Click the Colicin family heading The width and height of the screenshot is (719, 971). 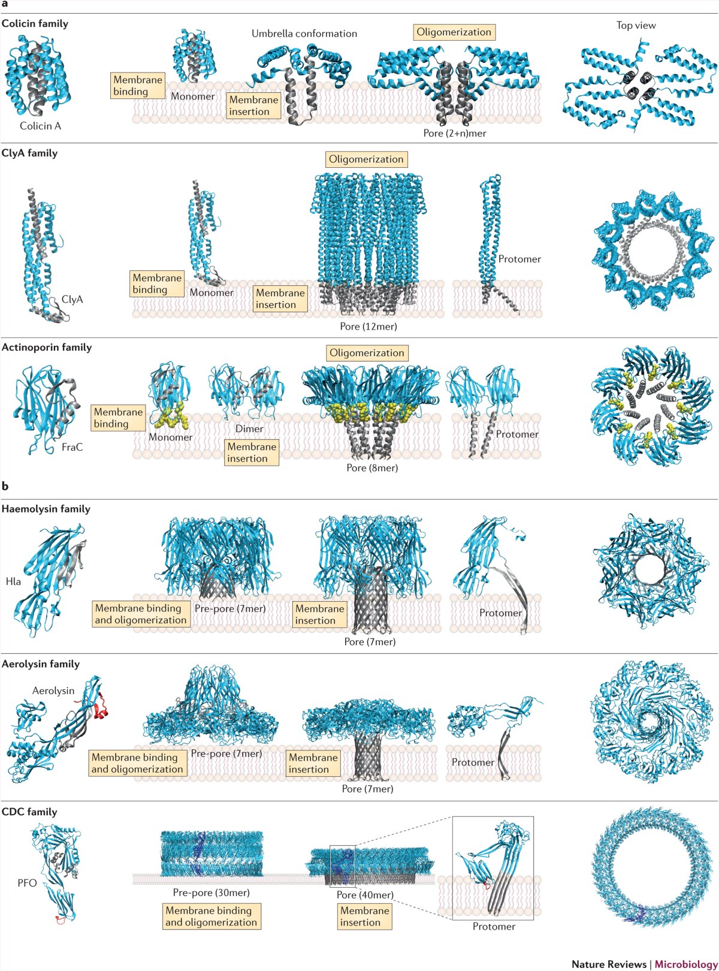pos(35,23)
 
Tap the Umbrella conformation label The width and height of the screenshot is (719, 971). pos(304,34)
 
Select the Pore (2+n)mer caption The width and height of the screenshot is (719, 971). pos(455,133)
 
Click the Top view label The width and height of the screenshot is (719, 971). pos(636,25)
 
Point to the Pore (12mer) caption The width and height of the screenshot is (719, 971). pos(368,326)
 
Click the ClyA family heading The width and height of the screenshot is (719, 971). pos(30,153)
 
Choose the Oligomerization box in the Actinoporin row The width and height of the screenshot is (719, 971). pos(367,353)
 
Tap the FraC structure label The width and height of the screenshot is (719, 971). pos(72,447)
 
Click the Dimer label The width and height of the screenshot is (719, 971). pos(249,429)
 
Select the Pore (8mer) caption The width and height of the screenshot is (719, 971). pos(372,468)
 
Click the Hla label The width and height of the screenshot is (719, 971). pos(13,581)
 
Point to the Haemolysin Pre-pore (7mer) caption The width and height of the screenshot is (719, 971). pos(230,608)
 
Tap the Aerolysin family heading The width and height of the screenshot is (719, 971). pos(41,664)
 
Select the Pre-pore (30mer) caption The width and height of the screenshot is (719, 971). pos(212,892)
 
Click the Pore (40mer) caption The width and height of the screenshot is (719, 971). pos(365,894)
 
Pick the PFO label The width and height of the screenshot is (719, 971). pos(27,883)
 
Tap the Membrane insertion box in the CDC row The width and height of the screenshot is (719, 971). pos(364,916)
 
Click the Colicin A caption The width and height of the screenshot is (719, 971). pos(40,126)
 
